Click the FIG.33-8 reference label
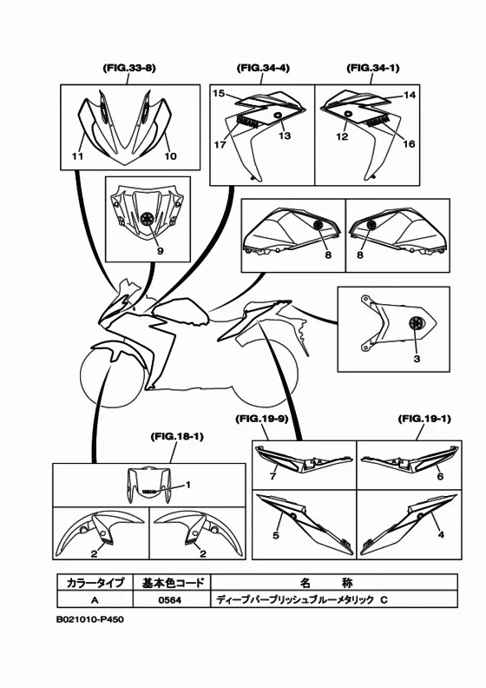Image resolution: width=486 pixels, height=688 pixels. (x=129, y=69)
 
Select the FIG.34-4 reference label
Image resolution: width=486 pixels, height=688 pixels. (x=263, y=69)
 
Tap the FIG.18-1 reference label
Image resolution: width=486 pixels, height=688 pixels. (x=176, y=437)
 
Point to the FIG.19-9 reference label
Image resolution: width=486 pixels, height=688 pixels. (x=261, y=419)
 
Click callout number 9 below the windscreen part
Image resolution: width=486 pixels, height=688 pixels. (x=161, y=250)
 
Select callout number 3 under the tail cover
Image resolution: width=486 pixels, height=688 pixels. (x=417, y=359)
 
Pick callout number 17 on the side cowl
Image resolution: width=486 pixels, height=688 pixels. (x=220, y=144)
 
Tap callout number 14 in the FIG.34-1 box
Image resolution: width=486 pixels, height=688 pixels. (x=410, y=95)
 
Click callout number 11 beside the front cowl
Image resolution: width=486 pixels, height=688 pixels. (x=77, y=155)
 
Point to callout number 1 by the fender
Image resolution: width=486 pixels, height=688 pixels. (x=188, y=485)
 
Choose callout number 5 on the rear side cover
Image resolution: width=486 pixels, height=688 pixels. (x=276, y=535)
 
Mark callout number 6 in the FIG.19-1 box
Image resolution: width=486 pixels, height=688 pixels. (x=440, y=476)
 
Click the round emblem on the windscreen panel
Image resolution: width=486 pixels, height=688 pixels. (x=148, y=218)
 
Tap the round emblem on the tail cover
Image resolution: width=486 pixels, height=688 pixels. (x=414, y=323)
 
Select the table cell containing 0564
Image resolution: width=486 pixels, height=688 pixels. (x=171, y=599)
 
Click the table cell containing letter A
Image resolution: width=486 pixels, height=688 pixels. (x=95, y=599)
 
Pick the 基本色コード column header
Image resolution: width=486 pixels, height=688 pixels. (x=171, y=582)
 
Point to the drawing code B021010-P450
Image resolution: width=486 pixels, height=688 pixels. (x=90, y=619)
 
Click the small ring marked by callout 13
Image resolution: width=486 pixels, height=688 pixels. (x=278, y=115)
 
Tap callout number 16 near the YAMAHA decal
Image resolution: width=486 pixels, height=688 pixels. (x=409, y=143)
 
